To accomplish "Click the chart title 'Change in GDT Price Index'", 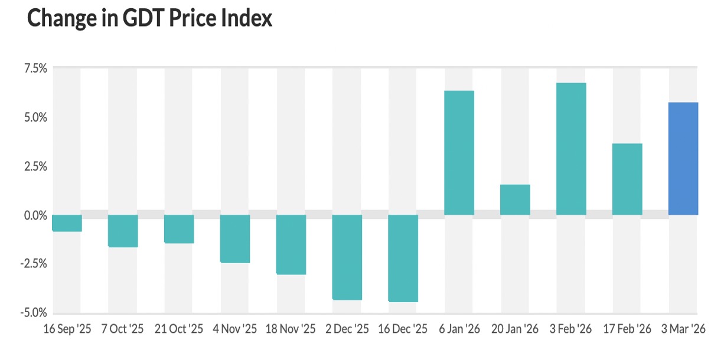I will (x=149, y=19).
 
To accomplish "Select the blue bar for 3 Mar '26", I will (x=683, y=159).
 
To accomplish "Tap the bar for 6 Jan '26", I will (x=459, y=153).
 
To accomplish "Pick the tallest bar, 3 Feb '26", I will (x=571, y=149).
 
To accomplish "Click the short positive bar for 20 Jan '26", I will (x=515, y=199).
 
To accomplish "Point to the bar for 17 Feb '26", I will (x=627, y=179).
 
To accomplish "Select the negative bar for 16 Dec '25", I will (x=403, y=258).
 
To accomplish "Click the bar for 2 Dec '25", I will (x=347, y=257).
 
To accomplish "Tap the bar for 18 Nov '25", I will (x=291, y=244).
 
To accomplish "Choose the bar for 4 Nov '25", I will (x=235, y=238).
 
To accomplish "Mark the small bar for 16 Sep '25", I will (x=67, y=223).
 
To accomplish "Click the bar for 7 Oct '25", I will (x=123, y=231).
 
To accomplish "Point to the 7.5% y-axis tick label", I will (x=35, y=68).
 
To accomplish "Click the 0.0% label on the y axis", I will (x=35, y=215).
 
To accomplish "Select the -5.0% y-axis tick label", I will (x=34, y=312).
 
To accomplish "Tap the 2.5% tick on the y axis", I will (x=35, y=166).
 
